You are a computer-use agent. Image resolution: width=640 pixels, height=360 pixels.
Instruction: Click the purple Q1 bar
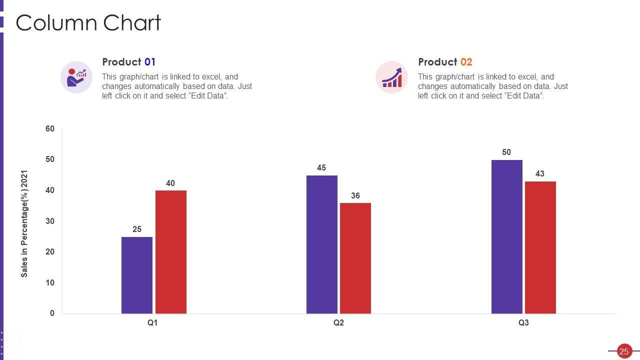click(x=136, y=275)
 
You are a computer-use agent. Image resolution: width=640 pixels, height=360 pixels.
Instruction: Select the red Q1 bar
click(x=170, y=252)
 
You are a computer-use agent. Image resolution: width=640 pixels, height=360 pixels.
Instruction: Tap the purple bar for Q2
click(x=321, y=244)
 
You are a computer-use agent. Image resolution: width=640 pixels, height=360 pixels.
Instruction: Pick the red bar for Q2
click(x=355, y=258)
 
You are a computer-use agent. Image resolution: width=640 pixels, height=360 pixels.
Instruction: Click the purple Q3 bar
click(x=506, y=236)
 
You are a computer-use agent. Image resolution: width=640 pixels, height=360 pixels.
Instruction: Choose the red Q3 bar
click(x=540, y=247)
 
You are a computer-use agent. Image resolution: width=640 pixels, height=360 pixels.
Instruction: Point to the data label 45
click(x=321, y=168)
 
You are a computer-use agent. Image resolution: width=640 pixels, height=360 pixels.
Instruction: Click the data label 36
click(x=355, y=196)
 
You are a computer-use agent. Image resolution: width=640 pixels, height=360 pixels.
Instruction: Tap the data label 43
click(x=540, y=174)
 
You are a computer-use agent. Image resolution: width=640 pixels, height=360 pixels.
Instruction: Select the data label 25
click(x=137, y=229)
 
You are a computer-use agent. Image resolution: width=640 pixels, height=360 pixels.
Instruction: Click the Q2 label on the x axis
click(x=338, y=323)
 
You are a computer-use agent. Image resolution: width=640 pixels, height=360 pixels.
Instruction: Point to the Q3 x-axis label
click(x=523, y=323)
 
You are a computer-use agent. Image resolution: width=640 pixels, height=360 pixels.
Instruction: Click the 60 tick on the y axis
click(x=50, y=129)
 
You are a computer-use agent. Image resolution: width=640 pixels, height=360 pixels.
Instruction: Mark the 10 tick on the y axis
click(x=50, y=283)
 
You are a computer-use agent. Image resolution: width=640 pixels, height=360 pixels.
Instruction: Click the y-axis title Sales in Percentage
click(x=24, y=224)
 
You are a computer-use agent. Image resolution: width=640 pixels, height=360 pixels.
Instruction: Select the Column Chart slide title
click(x=88, y=23)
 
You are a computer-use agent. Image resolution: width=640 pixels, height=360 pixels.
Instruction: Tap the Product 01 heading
click(x=128, y=62)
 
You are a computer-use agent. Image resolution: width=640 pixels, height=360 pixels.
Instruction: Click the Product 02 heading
click(x=445, y=62)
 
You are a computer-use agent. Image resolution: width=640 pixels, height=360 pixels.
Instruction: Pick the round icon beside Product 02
click(x=391, y=77)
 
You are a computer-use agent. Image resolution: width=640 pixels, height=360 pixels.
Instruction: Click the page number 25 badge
click(x=623, y=351)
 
